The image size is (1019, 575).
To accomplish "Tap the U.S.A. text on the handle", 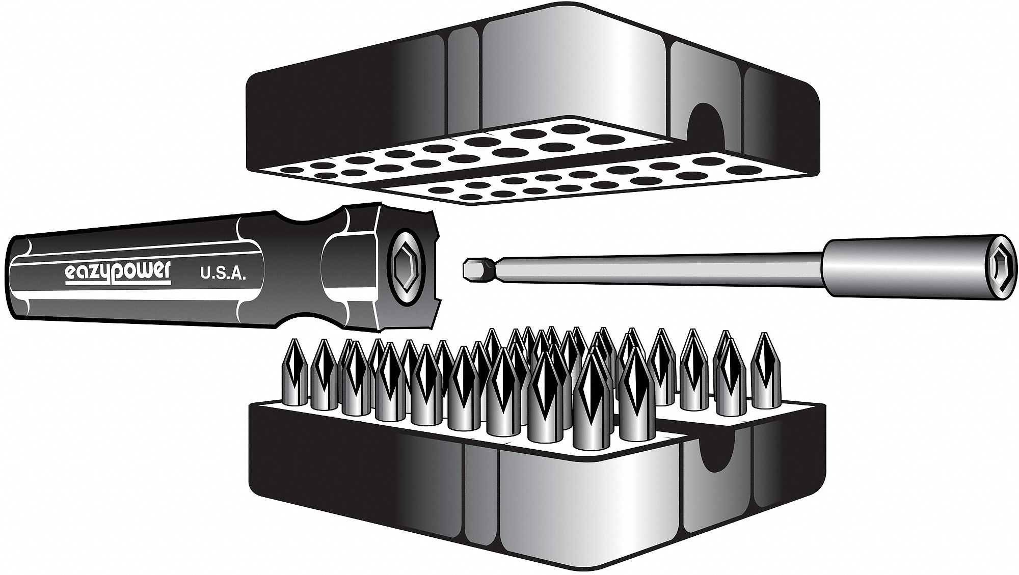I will (x=223, y=276).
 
